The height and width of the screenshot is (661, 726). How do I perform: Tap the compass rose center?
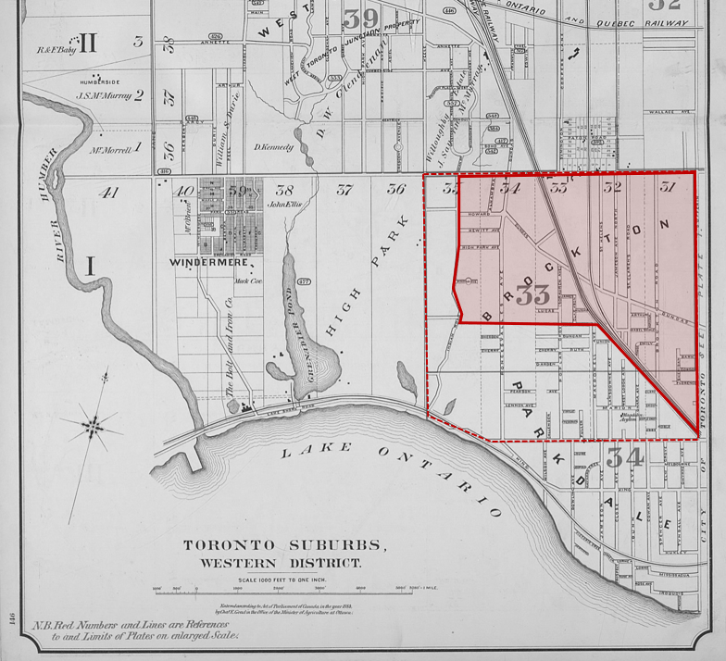tap(93, 426)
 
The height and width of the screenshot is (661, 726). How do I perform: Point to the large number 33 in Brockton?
tap(533, 295)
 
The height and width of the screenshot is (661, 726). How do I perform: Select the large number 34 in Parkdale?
tap(625, 456)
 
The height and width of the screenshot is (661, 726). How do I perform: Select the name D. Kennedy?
tap(273, 147)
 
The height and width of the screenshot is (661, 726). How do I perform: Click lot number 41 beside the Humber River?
tap(109, 193)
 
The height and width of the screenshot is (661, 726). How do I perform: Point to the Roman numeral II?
tap(89, 43)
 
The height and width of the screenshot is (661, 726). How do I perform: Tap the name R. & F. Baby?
tap(55, 51)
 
